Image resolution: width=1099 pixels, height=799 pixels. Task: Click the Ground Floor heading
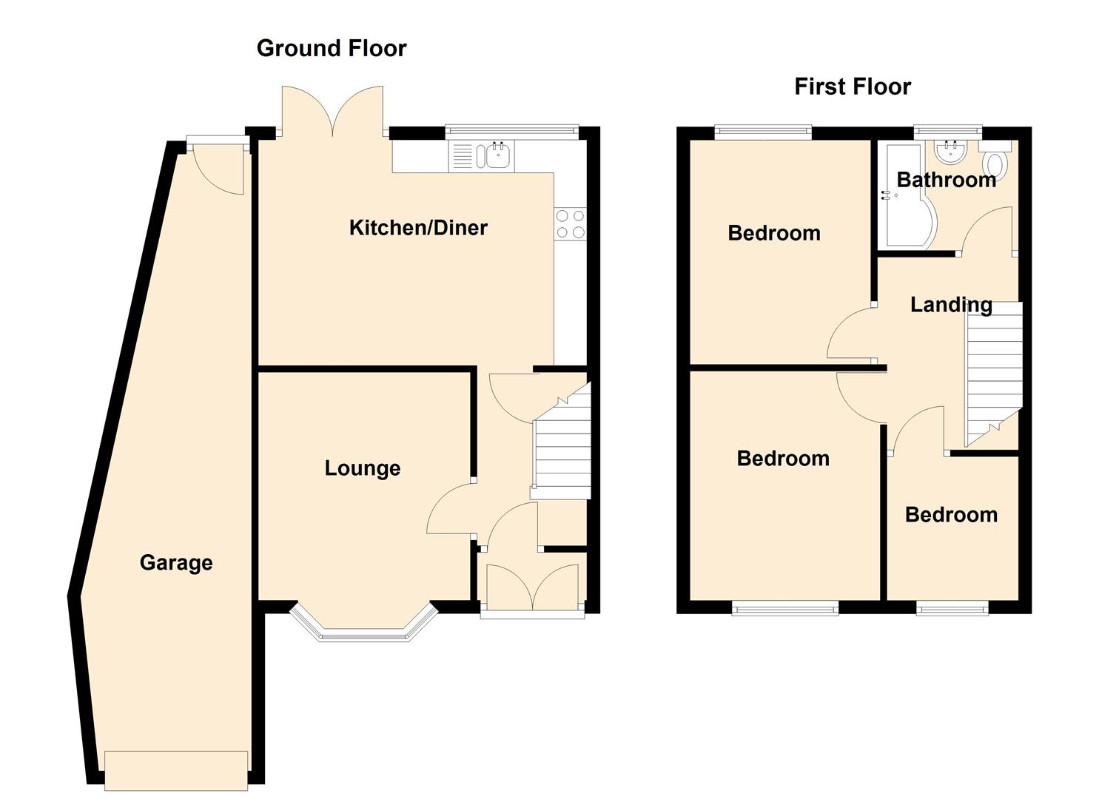pyautogui.click(x=332, y=48)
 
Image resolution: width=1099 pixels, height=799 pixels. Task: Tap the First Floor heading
pyautogui.click(x=853, y=87)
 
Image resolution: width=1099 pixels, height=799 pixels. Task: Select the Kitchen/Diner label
pyautogui.click(x=418, y=228)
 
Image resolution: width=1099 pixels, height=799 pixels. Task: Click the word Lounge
pyautogui.click(x=363, y=468)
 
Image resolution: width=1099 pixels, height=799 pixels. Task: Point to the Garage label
pyautogui.click(x=176, y=563)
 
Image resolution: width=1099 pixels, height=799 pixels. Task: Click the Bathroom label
pyautogui.click(x=947, y=180)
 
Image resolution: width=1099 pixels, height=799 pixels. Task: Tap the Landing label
pyautogui.click(x=951, y=305)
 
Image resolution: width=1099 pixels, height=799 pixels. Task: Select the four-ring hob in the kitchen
pyautogui.click(x=570, y=223)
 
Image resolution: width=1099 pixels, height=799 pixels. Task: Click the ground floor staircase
pyautogui.click(x=560, y=440)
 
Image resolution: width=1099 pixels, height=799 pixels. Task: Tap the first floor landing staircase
pyautogui.click(x=994, y=374)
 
